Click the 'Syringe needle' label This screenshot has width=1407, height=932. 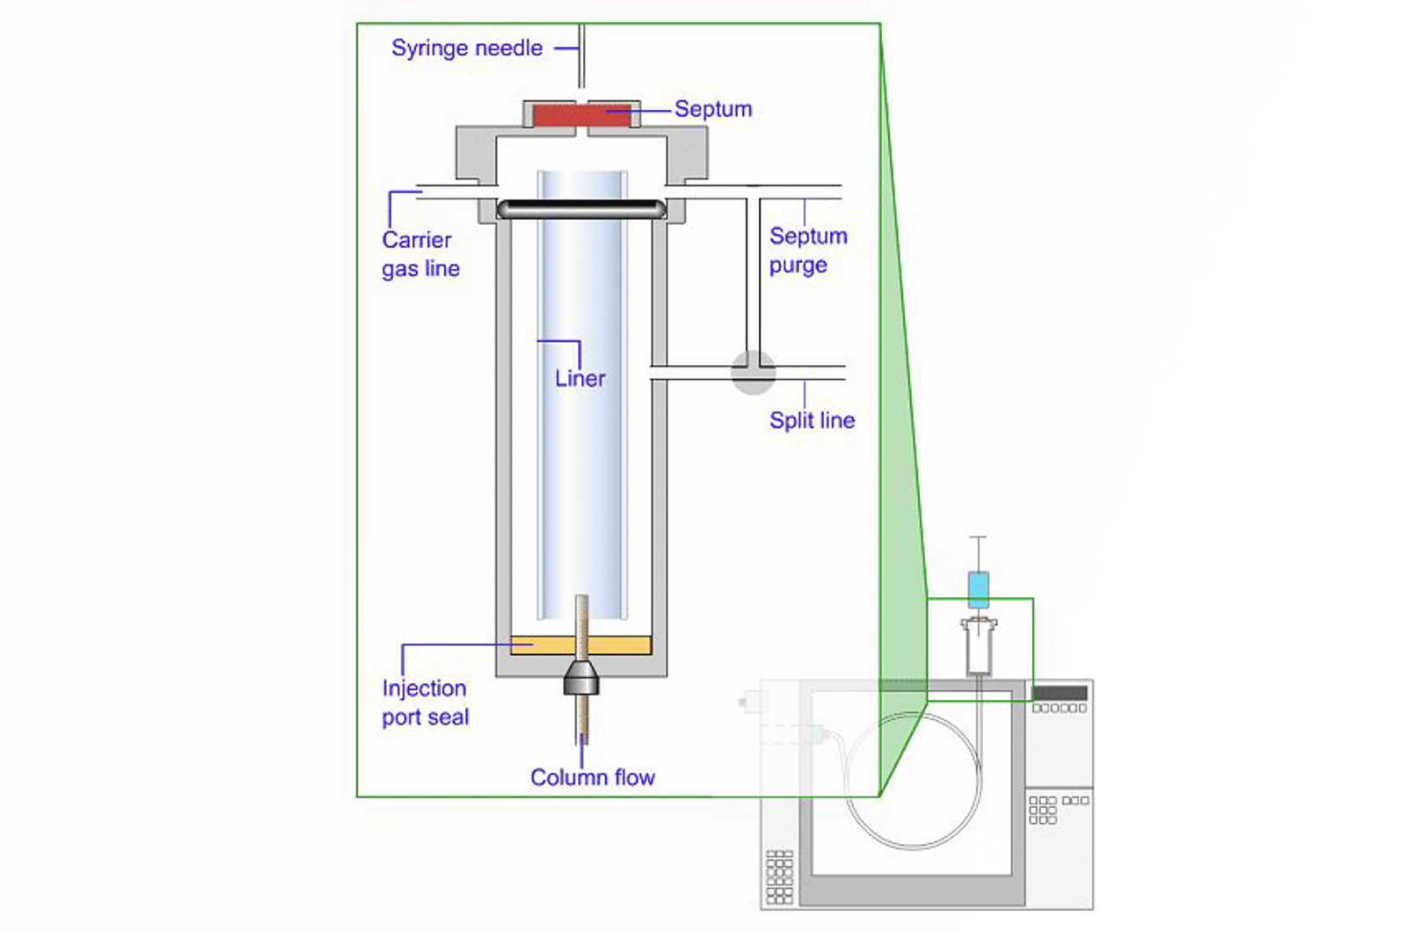coord(466,48)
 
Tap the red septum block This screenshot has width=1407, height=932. coord(581,115)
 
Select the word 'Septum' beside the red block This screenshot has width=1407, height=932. coord(713,109)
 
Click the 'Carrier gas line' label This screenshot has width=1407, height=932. coord(420,254)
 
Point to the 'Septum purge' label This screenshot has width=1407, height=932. coord(807,251)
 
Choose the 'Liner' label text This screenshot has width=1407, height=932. coord(580,379)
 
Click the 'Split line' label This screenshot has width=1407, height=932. coord(812,420)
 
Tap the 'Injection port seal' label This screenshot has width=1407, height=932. coord(425,703)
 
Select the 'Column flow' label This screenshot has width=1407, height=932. coord(592,777)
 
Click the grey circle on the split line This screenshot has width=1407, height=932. coord(754,372)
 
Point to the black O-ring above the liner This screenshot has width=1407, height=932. coord(581,209)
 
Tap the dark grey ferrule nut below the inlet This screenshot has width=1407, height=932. coord(581,677)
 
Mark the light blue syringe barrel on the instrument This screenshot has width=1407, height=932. coord(978,589)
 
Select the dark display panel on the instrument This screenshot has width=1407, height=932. coord(1059,693)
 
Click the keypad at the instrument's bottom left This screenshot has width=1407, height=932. coord(780,877)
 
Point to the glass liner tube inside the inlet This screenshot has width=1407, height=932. coord(582,396)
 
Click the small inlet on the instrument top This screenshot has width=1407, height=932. coord(979,647)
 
